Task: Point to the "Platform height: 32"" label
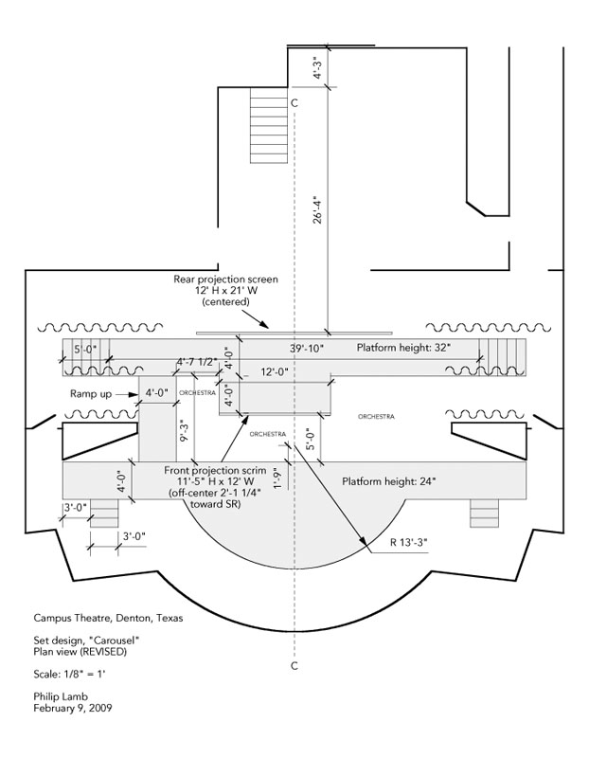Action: [403, 349]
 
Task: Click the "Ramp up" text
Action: [90, 390]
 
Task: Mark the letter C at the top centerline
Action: [295, 102]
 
